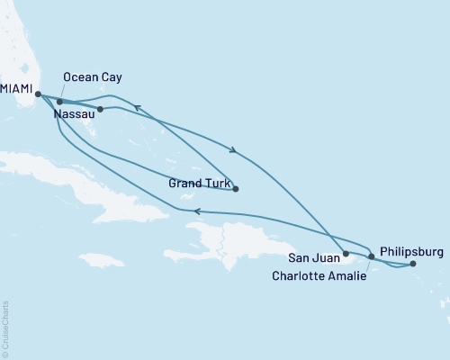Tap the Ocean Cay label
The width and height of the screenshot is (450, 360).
pos(92,78)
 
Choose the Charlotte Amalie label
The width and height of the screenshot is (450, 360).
pos(319,276)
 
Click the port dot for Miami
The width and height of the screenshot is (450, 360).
pos(38,92)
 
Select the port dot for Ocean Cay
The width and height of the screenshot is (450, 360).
pos(59,102)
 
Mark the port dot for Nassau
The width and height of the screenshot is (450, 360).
pos(100,110)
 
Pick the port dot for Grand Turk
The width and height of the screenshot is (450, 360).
pos(236,189)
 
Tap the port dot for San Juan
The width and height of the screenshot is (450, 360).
pos(346,255)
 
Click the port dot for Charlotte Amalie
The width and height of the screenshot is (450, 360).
pos(372,257)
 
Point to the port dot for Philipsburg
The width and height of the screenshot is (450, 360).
pos(413,264)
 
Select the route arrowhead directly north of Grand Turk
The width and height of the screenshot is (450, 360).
pos(234,149)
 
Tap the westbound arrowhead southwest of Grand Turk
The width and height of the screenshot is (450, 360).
pos(195,211)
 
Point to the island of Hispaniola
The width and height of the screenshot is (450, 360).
pos(238,238)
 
